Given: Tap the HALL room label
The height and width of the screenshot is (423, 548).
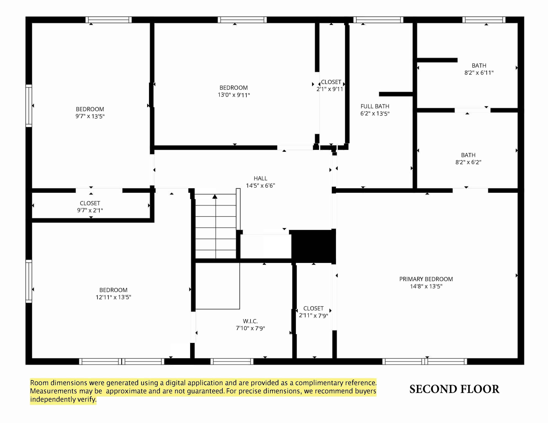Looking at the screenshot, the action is [260, 178].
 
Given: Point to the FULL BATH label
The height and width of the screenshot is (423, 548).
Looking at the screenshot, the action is [375, 106].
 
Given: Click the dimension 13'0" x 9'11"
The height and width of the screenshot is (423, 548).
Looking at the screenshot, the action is [234, 95].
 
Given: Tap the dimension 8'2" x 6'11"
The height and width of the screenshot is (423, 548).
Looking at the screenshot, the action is [479, 73].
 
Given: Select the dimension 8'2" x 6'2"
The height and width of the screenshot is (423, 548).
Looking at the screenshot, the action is [468, 162].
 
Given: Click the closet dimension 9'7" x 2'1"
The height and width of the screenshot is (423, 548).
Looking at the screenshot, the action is [90, 210].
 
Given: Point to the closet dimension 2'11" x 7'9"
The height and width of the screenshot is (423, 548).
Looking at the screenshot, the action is [314, 315].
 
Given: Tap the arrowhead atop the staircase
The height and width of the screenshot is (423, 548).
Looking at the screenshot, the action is [215, 197].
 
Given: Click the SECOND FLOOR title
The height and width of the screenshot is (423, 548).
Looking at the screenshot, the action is [454, 389].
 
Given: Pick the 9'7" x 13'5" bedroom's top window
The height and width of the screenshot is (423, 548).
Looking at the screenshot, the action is [109, 20].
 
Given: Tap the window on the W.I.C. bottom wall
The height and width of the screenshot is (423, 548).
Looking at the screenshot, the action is [232, 361].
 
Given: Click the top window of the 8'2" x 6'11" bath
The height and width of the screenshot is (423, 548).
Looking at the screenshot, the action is [484, 20].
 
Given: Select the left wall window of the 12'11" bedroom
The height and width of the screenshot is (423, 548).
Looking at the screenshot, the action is [29, 281].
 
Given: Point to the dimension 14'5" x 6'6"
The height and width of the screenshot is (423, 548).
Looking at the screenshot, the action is [260, 186].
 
